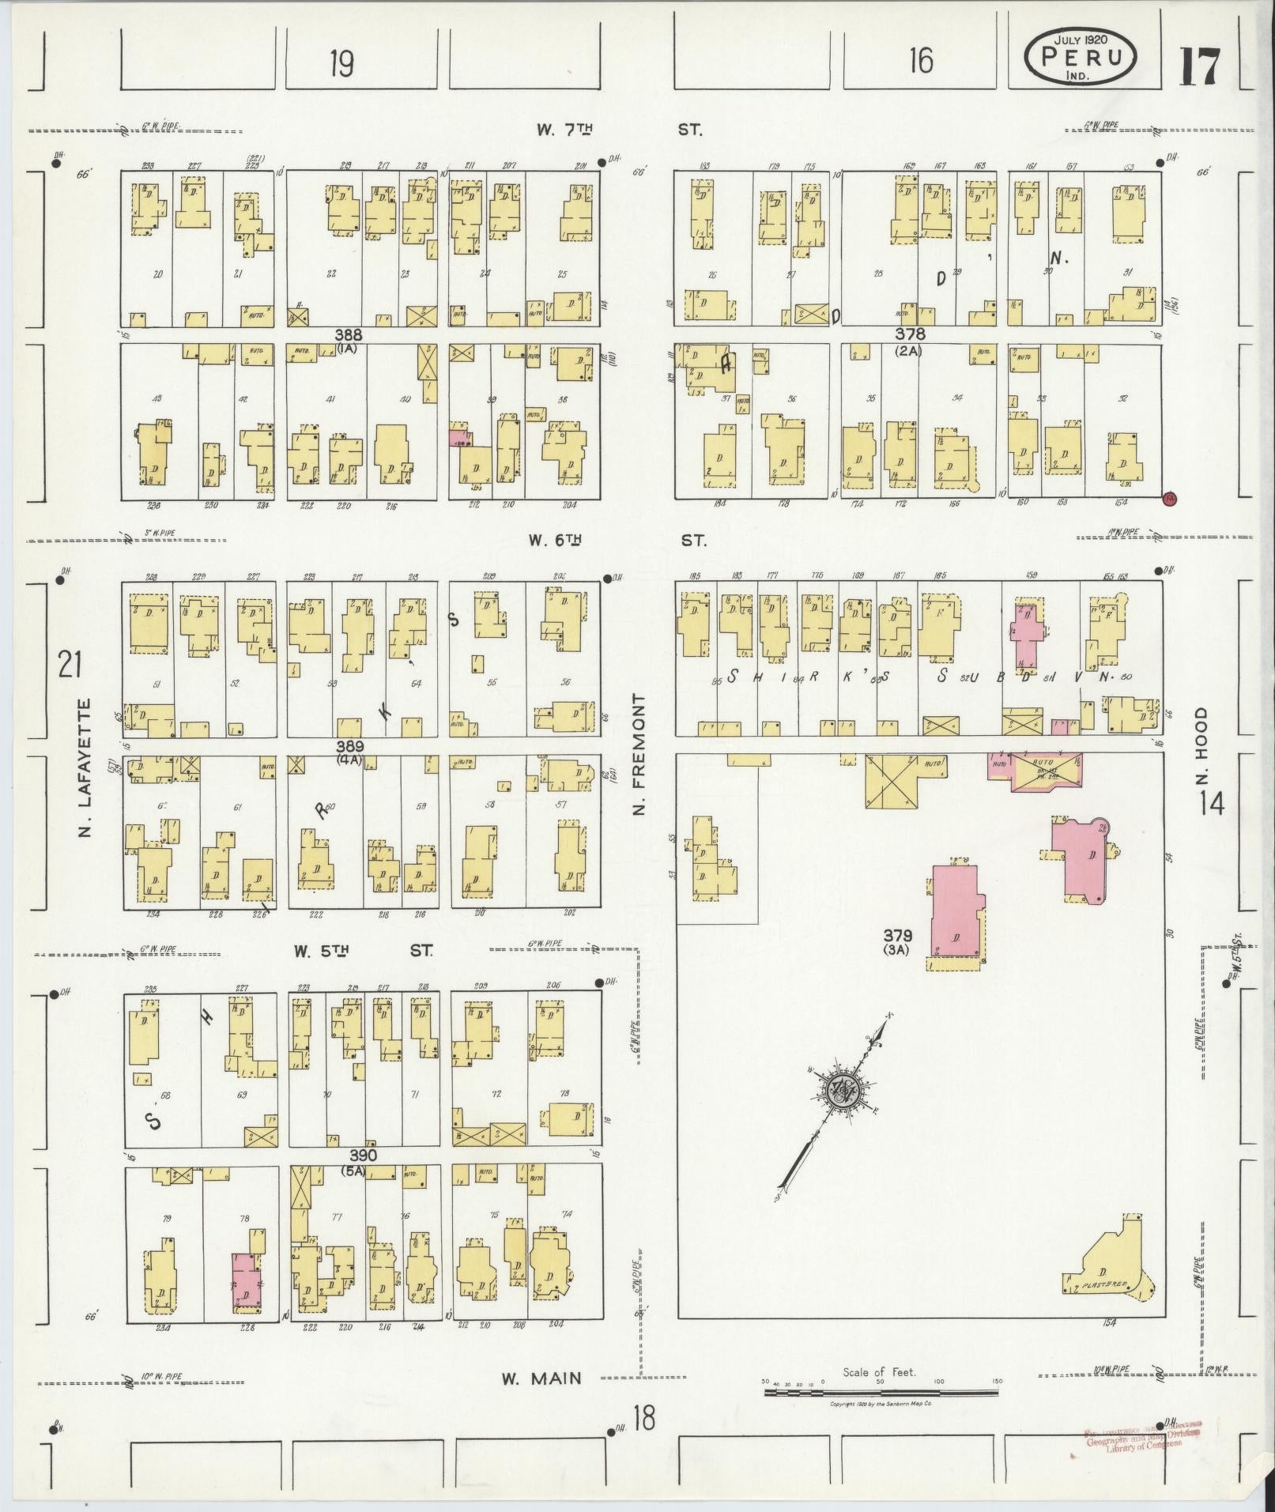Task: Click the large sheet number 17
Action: click(1201, 66)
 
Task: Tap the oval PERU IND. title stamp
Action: click(1081, 57)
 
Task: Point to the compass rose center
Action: click(839, 1091)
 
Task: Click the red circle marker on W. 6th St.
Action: click(1171, 498)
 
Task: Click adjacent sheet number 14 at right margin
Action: click(1210, 803)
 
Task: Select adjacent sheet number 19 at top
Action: click(341, 64)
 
